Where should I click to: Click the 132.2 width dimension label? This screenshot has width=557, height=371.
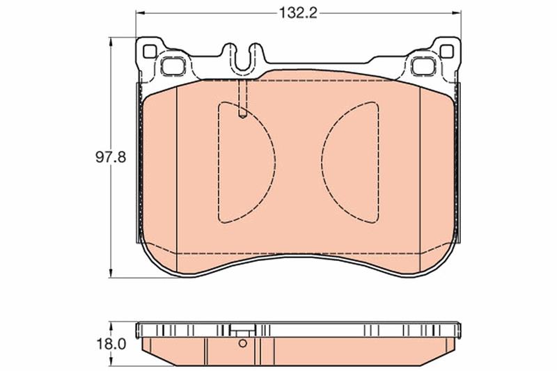click(x=298, y=13)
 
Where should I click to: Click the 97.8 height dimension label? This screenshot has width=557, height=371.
click(x=111, y=157)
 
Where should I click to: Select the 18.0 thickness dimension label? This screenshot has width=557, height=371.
click(x=111, y=344)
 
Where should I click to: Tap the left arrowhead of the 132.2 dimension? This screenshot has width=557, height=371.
click(x=141, y=13)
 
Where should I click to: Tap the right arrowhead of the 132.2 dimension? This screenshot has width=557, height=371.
click(x=456, y=13)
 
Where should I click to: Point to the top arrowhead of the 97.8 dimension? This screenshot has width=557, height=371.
click(x=111, y=42)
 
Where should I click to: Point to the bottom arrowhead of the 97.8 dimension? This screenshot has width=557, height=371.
click(x=111, y=273)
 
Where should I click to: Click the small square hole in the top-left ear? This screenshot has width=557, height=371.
click(x=150, y=52)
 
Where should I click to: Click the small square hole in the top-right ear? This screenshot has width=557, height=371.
click(x=447, y=52)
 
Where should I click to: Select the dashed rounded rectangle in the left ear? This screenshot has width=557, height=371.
click(x=173, y=65)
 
